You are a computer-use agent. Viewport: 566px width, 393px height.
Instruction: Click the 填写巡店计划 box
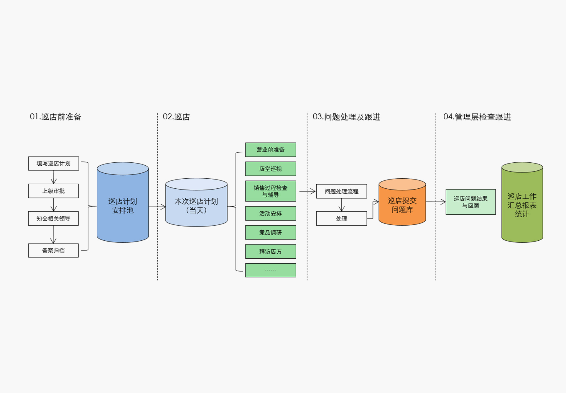[54, 163]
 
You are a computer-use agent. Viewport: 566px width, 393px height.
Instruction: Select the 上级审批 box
[53, 191]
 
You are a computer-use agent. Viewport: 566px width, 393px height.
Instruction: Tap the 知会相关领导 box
[53, 218]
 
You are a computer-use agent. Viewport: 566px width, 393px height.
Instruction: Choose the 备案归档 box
[53, 250]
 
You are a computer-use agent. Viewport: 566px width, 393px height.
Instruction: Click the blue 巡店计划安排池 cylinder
[123, 206]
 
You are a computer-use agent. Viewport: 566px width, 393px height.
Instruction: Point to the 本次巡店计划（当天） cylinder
[196, 206]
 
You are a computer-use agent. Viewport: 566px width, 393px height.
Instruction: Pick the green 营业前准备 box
[270, 150]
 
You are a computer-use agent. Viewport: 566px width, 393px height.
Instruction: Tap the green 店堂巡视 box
[270, 169]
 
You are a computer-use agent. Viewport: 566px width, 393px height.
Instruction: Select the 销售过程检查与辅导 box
[270, 191]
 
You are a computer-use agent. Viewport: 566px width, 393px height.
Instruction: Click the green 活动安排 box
[270, 213]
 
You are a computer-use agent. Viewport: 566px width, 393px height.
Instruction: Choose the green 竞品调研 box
[270, 232]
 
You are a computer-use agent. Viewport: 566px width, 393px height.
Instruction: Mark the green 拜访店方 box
[270, 251]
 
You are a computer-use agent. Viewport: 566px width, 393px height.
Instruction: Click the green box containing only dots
[270, 270]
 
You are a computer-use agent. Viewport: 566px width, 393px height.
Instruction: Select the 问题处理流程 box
[341, 191]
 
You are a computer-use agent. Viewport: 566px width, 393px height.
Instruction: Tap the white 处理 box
[341, 218]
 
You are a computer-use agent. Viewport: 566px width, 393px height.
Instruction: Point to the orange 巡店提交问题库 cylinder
[402, 205]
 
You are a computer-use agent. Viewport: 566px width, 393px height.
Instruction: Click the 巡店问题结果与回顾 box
[470, 202]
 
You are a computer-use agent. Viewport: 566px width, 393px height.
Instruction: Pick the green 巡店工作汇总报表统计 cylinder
[522, 205]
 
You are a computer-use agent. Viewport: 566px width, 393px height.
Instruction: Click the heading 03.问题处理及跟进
[346, 117]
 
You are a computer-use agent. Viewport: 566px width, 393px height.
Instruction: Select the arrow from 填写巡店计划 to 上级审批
[54, 177]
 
